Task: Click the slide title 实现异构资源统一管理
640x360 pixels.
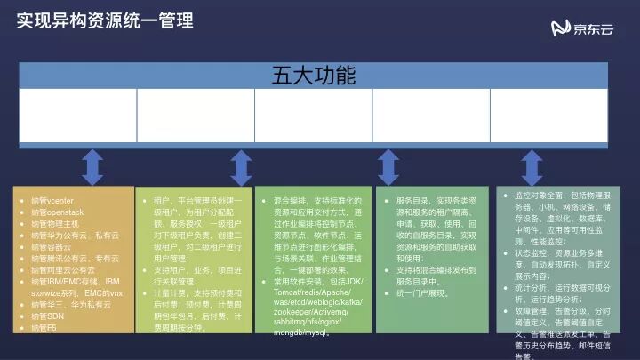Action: pos(106,20)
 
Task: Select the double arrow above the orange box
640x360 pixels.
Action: pos(92,167)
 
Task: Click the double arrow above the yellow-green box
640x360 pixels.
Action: pos(240,167)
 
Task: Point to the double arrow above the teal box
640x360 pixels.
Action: pos(387,167)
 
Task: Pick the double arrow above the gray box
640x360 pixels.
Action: pos(532,167)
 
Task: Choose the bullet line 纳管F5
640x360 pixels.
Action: pos(43,328)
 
